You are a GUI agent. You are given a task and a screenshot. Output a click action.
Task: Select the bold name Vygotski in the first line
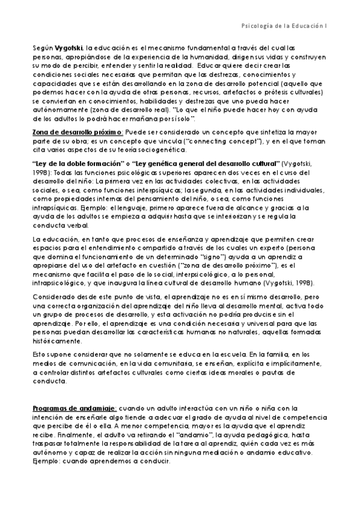pos(69,47)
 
